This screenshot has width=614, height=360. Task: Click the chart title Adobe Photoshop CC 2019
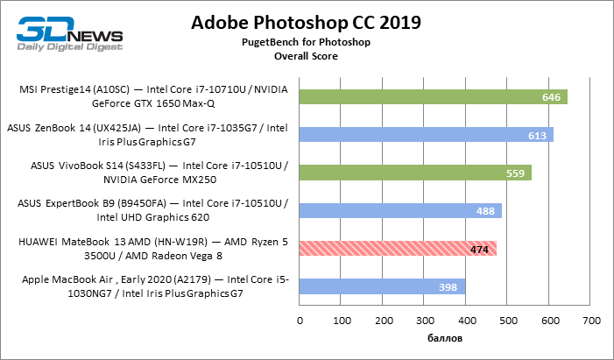tap(307, 23)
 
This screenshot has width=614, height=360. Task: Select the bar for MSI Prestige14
tap(433, 96)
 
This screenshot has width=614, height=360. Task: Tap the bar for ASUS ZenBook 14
tap(426, 135)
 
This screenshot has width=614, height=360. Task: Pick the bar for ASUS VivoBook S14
tap(415, 173)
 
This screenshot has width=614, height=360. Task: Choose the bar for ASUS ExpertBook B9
tap(400, 211)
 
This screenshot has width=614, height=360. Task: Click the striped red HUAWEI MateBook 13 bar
tap(398, 249)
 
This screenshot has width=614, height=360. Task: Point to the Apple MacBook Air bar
tap(382, 287)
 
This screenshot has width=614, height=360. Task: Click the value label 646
tap(551, 97)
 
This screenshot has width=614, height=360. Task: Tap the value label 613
tap(537, 136)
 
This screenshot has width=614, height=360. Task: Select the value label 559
tap(515, 173)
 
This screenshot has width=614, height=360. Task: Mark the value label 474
tap(479, 250)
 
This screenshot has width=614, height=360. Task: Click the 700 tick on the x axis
tap(591, 321)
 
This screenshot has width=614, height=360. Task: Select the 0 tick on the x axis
tap(300, 321)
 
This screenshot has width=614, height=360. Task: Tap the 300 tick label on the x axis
tap(425, 321)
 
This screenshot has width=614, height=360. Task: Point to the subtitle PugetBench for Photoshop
tap(307, 42)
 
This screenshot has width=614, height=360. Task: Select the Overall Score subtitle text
tap(307, 55)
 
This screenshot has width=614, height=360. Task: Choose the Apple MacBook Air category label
tap(154, 287)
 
